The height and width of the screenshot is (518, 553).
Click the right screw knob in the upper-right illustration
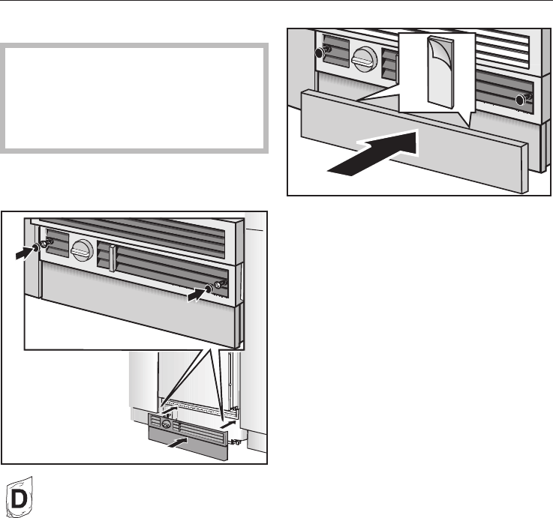pos(522,98)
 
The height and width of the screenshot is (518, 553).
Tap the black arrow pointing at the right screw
pos(196,296)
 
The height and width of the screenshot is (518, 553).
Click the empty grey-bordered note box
pos(135,97)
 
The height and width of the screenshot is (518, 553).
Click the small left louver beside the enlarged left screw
pos(58,244)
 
